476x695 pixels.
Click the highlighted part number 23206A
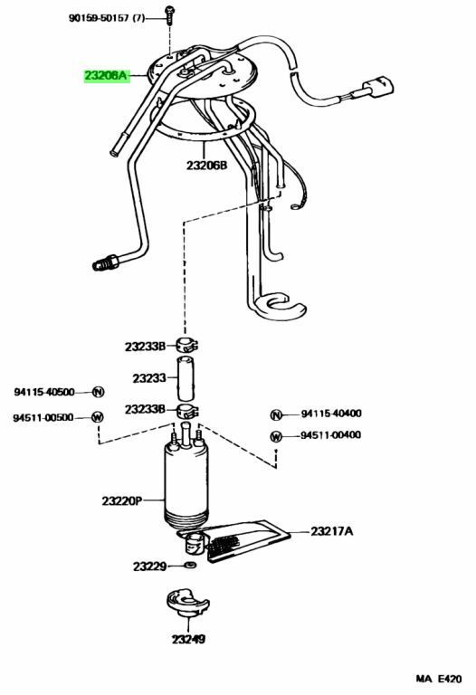[106, 76]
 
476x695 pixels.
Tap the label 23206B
[206, 166]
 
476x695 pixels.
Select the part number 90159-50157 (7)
[107, 18]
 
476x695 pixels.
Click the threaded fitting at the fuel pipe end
[105, 262]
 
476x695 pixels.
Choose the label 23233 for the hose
[149, 378]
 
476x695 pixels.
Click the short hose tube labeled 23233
[186, 378]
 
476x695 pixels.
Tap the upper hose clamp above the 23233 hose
[186, 345]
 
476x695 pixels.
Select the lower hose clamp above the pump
[187, 411]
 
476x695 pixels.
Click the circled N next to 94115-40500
[98, 392]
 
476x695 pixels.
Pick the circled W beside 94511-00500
[98, 417]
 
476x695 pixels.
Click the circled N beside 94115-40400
[276, 414]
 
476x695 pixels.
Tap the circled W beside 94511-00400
[276, 436]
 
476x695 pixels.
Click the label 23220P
[122, 500]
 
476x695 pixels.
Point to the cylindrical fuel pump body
[186, 483]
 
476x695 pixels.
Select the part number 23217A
[331, 531]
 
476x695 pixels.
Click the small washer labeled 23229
[191, 565]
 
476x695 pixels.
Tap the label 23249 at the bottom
[189, 639]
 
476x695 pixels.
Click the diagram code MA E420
[438, 679]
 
